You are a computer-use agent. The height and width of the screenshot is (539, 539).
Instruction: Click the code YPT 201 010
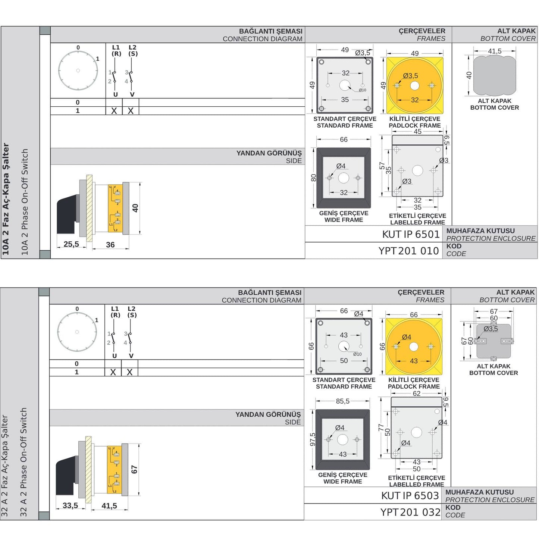click(x=408, y=251)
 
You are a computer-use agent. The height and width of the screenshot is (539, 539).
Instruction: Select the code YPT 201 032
click(x=410, y=513)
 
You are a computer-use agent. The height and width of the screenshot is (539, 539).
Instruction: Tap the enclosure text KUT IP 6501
click(x=411, y=234)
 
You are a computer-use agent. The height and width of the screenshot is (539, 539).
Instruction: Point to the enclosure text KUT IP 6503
click(x=410, y=496)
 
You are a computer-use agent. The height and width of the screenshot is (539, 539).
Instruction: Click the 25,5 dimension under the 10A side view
click(x=71, y=244)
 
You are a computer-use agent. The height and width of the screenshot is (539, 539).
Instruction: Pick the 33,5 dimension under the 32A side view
click(x=70, y=505)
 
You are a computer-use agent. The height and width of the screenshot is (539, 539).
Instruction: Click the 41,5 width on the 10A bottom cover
click(x=495, y=51)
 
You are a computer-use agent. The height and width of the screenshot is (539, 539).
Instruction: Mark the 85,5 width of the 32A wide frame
click(x=342, y=401)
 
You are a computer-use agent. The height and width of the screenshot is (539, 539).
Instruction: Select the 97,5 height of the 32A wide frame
click(x=313, y=439)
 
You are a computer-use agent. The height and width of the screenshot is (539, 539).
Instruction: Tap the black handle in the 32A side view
click(x=66, y=477)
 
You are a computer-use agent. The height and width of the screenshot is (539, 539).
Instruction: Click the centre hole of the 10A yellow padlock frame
click(x=414, y=86)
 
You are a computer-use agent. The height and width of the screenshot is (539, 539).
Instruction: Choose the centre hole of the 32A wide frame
click(x=342, y=439)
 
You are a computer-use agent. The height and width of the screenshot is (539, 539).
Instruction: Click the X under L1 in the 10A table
click(x=114, y=111)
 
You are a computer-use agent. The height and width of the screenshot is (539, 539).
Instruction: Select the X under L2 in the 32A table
click(x=129, y=372)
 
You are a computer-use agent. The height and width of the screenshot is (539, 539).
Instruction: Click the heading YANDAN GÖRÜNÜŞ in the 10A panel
click(x=269, y=153)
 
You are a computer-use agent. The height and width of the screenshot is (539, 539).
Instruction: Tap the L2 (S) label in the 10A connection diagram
click(x=132, y=50)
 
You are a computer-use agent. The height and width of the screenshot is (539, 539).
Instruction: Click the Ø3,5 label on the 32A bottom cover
click(x=491, y=329)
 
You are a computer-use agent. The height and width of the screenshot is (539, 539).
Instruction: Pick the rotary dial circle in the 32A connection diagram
click(x=77, y=332)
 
